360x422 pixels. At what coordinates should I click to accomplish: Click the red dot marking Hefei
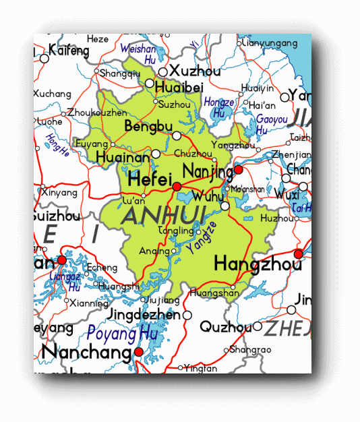(x=177, y=186)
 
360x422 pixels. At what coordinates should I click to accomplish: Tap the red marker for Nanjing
(x=238, y=170)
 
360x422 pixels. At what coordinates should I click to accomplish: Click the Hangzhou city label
(x=258, y=264)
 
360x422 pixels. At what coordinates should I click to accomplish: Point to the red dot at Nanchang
(x=138, y=352)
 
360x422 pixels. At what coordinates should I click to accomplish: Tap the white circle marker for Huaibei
(x=149, y=83)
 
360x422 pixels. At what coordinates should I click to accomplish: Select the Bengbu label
(x=148, y=127)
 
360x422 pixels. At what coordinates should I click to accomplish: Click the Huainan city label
(x=123, y=157)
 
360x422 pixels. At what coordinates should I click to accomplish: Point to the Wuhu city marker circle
(x=225, y=206)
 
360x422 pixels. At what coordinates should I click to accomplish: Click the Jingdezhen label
(x=144, y=315)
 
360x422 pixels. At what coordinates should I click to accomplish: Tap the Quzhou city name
(x=225, y=328)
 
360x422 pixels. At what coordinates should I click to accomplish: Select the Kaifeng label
(x=69, y=51)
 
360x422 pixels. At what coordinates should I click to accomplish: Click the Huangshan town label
(x=214, y=293)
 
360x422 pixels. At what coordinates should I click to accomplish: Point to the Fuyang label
(x=92, y=144)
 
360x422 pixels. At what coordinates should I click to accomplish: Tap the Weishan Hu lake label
(x=138, y=53)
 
